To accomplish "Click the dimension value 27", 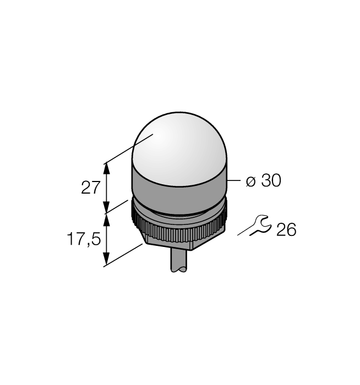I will pos(90,188).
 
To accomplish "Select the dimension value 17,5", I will pos(82,239).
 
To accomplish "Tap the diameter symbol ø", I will pos(250,181).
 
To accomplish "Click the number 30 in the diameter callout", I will pos(270,181).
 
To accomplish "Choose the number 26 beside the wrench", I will pos(286,230).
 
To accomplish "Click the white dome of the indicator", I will pos(179,148).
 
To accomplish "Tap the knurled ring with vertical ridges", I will pos(179,230).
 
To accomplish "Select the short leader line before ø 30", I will pos(234,180).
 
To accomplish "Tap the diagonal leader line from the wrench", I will pos(244,232).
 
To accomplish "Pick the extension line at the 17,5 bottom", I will pos(124,255).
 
